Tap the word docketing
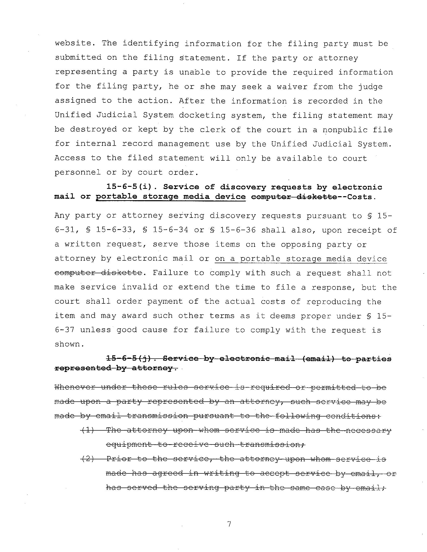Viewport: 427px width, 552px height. [x=202, y=116]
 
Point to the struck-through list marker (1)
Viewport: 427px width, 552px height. [x=87, y=430]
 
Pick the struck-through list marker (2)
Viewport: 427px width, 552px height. [x=87, y=459]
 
